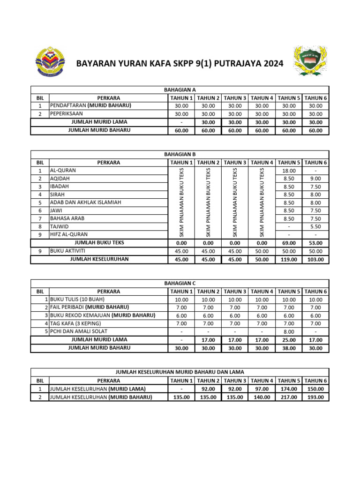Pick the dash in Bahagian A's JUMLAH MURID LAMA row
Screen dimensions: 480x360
(x=181, y=122)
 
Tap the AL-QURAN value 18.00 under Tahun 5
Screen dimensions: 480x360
(x=289, y=171)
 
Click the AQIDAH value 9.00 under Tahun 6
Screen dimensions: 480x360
(x=315, y=179)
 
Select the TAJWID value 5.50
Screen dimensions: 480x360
(x=315, y=226)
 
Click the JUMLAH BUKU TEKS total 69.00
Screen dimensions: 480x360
(x=289, y=243)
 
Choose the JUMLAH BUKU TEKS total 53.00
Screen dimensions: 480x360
(x=315, y=243)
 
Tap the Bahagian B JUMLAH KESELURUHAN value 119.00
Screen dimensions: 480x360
(x=289, y=259)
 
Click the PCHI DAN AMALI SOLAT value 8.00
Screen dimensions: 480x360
(x=289, y=331)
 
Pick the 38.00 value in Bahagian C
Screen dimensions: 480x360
(x=289, y=348)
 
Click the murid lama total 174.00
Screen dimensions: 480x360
(x=289, y=389)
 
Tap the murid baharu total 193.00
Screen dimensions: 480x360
(x=315, y=397)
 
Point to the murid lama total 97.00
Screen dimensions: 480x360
(x=262, y=389)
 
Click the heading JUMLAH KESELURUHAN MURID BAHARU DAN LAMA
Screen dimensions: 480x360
(x=180, y=372)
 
